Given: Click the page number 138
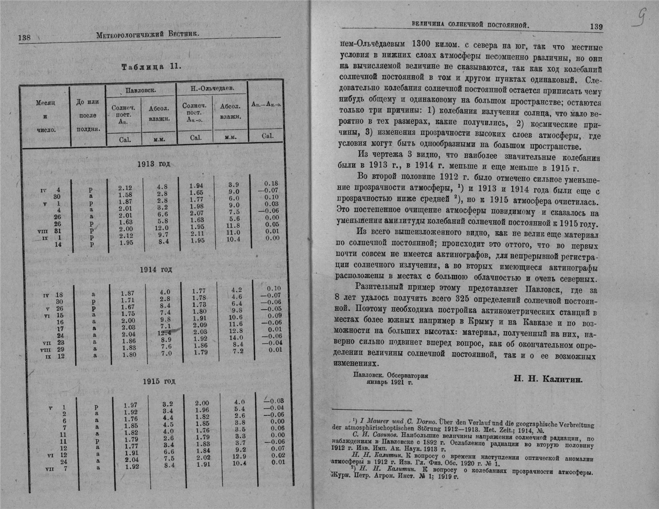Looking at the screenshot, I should tap(24, 38).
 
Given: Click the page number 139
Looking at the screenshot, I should tap(596, 27).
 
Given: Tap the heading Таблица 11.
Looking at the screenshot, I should tap(151, 66).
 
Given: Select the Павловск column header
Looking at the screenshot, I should tap(141, 90).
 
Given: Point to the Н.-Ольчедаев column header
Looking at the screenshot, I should tap(211, 89).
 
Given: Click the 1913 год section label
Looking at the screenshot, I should tap(153, 164).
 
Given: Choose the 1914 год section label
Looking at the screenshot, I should tap(156, 270).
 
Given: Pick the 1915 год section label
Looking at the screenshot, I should tap(159, 381).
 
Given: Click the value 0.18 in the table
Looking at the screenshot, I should tap(271, 184).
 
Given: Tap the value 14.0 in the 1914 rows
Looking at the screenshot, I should tap(236, 337).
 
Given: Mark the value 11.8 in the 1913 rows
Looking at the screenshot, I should tap(232, 226).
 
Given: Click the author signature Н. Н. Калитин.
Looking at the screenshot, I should tap(549, 379).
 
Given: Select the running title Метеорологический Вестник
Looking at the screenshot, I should tap(147, 34).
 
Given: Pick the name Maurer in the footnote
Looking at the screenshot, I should tap(376, 422).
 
